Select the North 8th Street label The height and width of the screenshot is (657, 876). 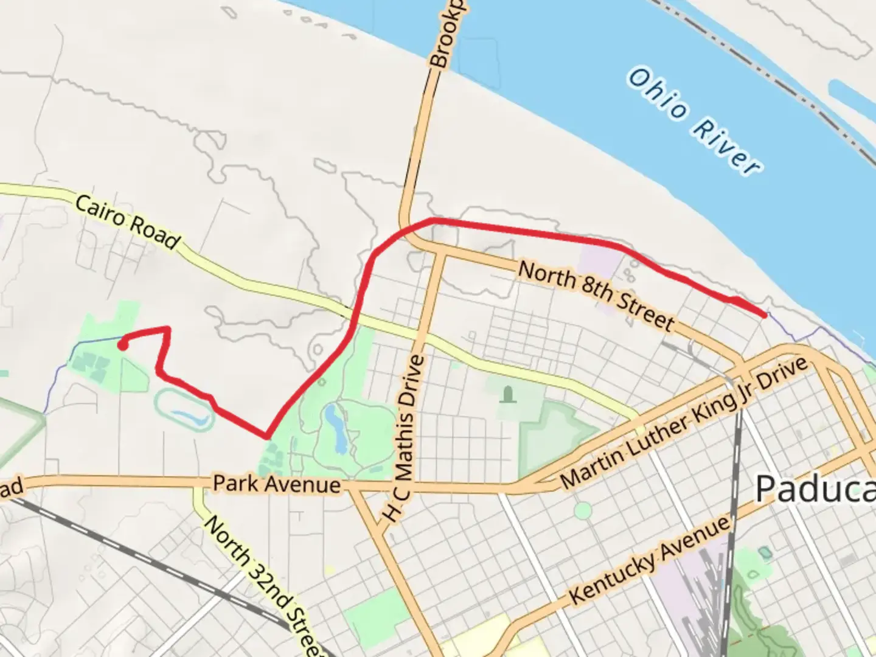coord(596,295)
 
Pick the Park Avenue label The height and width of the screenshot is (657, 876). coord(276,484)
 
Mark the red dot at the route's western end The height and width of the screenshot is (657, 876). coord(122,346)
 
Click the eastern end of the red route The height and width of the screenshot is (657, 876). coord(764,314)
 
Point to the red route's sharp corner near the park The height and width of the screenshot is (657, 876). coord(266,436)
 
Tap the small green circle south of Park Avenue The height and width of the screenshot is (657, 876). coord(583,510)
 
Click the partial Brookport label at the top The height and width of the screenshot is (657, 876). coord(447,33)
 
